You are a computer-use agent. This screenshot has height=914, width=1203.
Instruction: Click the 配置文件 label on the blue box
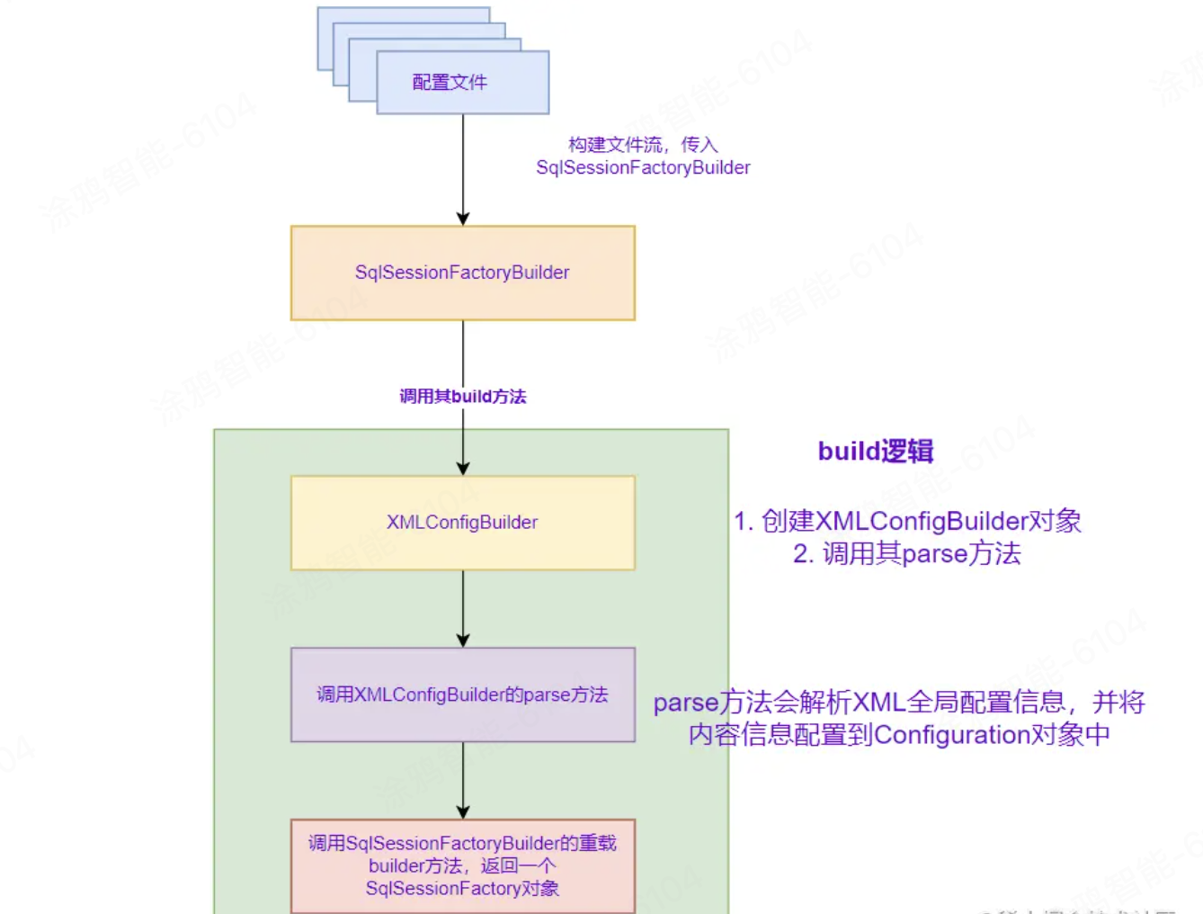click(x=450, y=82)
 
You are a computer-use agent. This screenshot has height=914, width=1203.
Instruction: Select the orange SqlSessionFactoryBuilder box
click(x=462, y=273)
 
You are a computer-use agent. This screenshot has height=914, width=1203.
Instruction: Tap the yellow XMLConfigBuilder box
click(x=462, y=523)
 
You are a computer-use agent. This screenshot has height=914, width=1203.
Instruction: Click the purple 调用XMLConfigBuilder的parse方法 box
click(x=462, y=694)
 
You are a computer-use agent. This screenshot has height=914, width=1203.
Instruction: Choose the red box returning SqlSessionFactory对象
click(x=462, y=865)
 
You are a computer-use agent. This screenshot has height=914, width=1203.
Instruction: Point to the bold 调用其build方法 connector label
click(x=462, y=397)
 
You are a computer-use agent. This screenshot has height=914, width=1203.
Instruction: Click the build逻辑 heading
click(x=875, y=451)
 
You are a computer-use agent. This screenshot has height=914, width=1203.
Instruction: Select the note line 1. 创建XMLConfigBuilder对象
click(x=907, y=521)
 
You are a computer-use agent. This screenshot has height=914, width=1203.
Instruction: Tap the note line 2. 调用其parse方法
click(x=907, y=553)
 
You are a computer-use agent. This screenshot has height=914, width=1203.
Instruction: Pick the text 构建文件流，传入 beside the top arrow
click(x=643, y=145)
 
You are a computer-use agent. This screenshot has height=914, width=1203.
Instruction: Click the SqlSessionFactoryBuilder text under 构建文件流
click(x=643, y=168)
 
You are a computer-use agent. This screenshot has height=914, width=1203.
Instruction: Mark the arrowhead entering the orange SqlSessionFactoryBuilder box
click(x=463, y=219)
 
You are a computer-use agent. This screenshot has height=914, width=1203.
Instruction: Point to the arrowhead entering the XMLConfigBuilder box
click(x=463, y=469)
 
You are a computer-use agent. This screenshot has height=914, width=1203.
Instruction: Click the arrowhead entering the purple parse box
click(x=463, y=641)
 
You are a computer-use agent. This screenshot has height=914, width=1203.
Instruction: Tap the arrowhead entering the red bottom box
click(x=463, y=811)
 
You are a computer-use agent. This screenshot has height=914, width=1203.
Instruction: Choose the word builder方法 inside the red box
click(x=415, y=865)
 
